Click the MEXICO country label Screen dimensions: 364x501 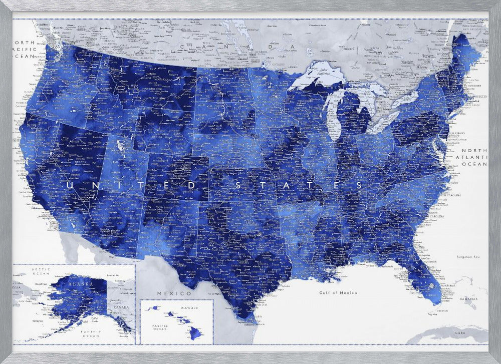point(174,293)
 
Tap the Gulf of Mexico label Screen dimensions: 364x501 point(339,292)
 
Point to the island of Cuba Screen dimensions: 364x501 point(451,336)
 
